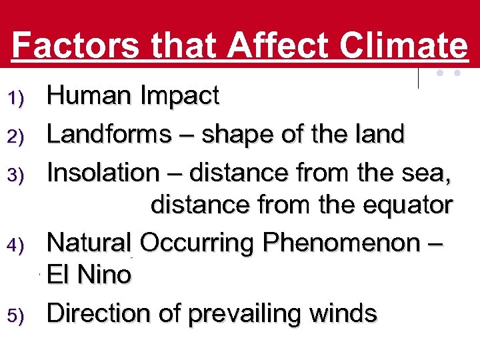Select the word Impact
179,97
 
